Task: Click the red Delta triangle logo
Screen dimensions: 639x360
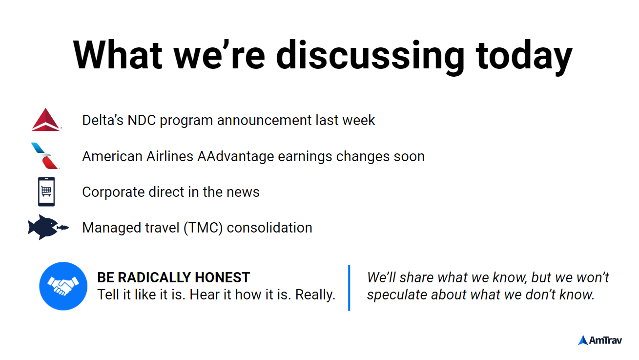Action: pos(46,120)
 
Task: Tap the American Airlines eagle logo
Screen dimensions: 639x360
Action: pos(45,156)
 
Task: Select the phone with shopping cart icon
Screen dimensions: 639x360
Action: pos(46,191)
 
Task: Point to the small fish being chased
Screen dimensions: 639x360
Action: pos(63,228)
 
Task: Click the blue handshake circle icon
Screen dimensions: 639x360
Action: pos(63,286)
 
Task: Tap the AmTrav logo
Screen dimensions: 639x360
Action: pos(600,340)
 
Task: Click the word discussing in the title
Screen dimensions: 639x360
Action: pos(370,55)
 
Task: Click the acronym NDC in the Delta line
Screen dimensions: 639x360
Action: pos(142,120)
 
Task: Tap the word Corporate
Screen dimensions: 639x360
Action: pos(113,192)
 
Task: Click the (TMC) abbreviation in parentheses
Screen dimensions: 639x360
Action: pos(203,228)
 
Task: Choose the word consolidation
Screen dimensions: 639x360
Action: pos(269,228)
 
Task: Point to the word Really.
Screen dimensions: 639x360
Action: pos(315,295)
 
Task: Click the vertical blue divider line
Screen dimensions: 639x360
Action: pos(349,288)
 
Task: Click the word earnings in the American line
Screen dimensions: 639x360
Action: pos(305,157)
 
